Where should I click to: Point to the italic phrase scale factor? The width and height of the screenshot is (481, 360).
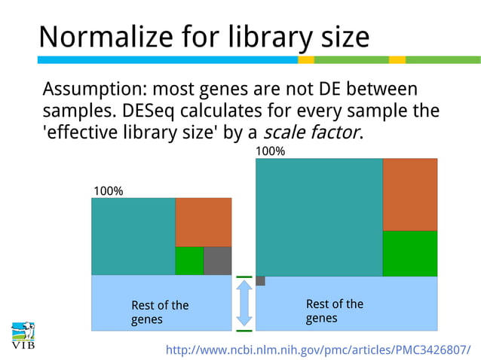pyautogui.click(x=311, y=133)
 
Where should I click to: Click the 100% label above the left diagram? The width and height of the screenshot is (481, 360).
pyautogui.click(x=108, y=191)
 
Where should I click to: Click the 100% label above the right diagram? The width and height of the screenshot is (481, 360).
pyautogui.click(x=271, y=151)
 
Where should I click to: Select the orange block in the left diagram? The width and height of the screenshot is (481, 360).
pyautogui.click(x=203, y=222)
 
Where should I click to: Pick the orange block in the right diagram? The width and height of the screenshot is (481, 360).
pyautogui.click(x=409, y=194)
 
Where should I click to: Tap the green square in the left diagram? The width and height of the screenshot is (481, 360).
pyautogui.click(x=189, y=261)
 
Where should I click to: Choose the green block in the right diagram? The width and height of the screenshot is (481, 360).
pyautogui.click(x=409, y=253)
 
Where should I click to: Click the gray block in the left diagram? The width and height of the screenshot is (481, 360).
pyautogui.click(x=217, y=261)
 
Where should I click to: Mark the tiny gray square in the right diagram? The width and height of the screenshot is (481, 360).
pyautogui.click(x=260, y=281)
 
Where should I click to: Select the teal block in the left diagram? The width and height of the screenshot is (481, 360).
pyautogui.click(x=133, y=236)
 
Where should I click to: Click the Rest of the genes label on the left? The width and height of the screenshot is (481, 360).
pyautogui.click(x=160, y=312)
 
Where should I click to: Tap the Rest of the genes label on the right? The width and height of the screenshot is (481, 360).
pyautogui.click(x=334, y=310)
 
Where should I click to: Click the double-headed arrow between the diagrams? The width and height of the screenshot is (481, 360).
pyautogui.click(x=244, y=304)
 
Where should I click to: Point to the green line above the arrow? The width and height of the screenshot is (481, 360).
pyautogui.click(x=244, y=277)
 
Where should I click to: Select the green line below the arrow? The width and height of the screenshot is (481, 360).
pyautogui.click(x=244, y=330)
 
